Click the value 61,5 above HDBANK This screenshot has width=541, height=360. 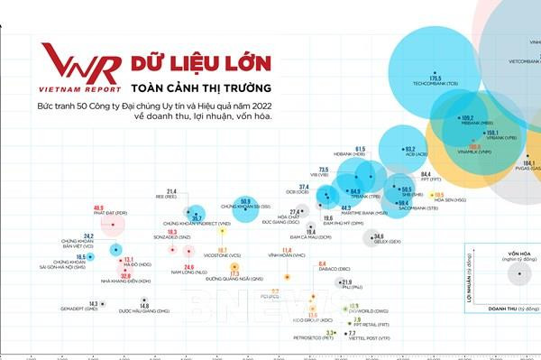tap(360, 149)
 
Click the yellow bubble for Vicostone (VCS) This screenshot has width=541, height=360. tap(222, 230)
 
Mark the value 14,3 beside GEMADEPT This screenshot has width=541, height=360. tap(94, 304)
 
